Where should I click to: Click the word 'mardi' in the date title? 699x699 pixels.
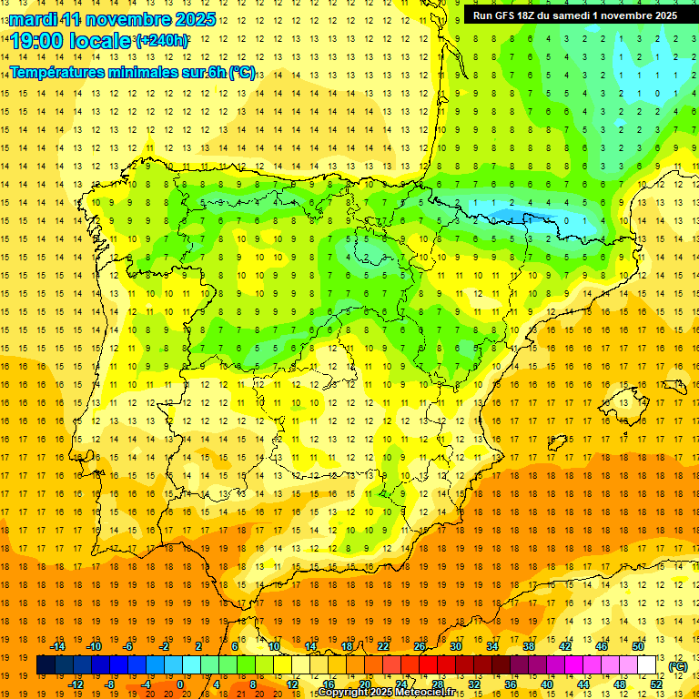(33, 18)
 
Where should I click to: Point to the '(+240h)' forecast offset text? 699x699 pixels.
(162, 40)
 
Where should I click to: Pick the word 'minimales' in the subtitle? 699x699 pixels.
(152, 73)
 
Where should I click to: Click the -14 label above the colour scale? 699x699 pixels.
(58, 646)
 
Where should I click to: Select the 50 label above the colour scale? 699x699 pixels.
(638, 646)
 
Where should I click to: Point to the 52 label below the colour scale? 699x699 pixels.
(656, 684)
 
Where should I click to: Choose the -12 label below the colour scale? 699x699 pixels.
(76, 684)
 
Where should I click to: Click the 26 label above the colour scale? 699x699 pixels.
(420, 646)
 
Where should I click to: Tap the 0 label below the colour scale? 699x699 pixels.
(180, 684)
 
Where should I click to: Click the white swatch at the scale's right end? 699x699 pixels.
(647, 665)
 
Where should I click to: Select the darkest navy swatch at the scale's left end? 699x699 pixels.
(45, 665)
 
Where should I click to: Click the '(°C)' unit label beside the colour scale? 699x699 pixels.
(677, 666)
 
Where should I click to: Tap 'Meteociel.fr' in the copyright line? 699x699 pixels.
(427, 693)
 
